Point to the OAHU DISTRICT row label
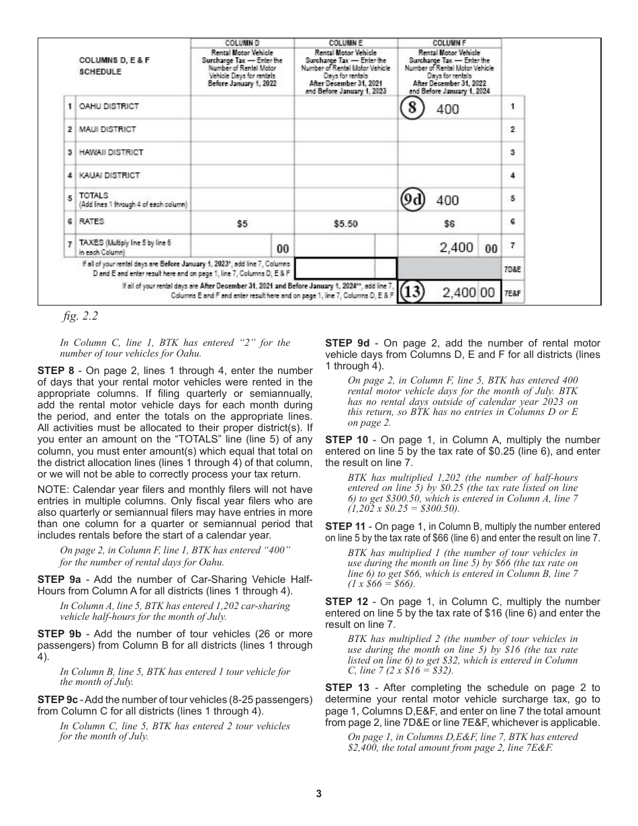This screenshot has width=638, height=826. [x=109, y=106]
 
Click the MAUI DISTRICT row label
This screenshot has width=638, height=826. [x=107, y=129]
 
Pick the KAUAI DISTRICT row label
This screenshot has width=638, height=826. [x=109, y=175]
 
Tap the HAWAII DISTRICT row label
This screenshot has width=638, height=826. [x=111, y=152]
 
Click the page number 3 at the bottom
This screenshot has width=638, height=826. [x=319, y=794]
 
